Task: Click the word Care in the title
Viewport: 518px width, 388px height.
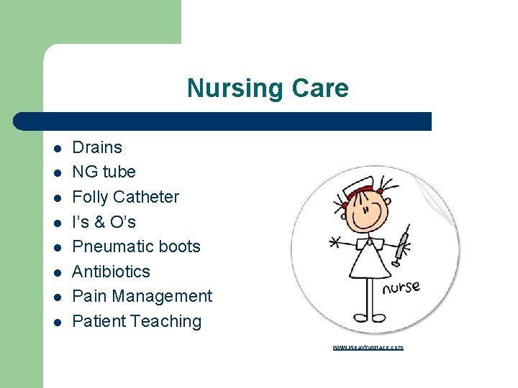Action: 320,88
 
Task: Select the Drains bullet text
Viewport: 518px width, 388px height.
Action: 97,147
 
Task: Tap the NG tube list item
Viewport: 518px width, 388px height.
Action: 104,172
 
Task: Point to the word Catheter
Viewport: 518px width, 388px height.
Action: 146,197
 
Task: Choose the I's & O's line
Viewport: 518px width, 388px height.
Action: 104,222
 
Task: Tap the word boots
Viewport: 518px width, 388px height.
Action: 180,246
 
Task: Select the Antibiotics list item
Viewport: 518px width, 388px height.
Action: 111,272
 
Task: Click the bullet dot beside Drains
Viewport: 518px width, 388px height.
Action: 57,149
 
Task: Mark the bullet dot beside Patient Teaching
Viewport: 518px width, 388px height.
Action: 57,323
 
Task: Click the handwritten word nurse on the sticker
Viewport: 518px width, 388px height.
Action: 401,288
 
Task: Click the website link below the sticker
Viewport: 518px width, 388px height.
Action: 368,347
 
